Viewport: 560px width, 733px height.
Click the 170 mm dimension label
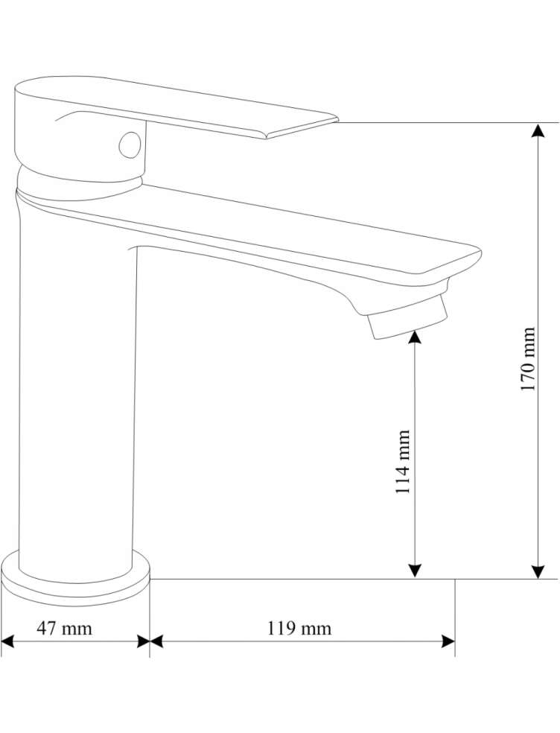(x=528, y=359)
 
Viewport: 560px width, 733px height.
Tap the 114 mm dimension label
(x=402, y=462)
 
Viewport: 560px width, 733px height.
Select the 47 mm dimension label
(x=65, y=628)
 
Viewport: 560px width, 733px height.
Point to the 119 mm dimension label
(x=299, y=628)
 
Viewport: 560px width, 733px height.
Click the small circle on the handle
(x=130, y=145)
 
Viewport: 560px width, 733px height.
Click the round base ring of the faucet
(x=75, y=580)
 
